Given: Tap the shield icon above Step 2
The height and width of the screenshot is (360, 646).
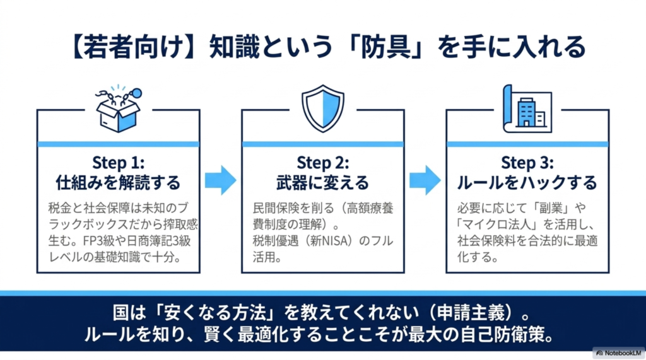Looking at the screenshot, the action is (x=323, y=108).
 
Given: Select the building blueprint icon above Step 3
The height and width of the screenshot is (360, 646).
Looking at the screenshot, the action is (x=527, y=108).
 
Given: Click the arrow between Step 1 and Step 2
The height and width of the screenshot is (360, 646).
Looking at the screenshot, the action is (x=221, y=180).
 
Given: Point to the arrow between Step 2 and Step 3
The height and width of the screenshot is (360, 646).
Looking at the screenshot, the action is (x=425, y=180).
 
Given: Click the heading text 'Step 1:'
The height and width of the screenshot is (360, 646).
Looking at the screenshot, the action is (x=118, y=163).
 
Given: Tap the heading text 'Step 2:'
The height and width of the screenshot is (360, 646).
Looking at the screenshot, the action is (x=323, y=163).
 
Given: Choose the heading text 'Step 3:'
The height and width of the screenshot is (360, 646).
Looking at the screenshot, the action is (x=527, y=163).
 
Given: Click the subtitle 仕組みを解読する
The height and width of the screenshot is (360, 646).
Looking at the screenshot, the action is (x=118, y=182).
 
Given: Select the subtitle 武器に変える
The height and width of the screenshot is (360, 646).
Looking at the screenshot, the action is (x=323, y=182).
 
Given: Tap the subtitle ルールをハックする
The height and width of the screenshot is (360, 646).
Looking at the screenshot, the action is (x=527, y=182).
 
